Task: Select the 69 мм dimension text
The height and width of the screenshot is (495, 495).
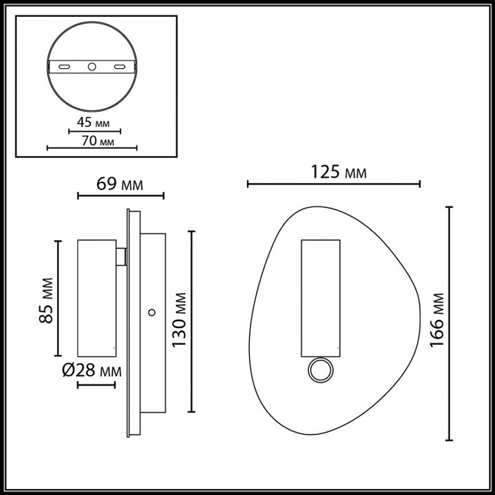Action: (x=119, y=185)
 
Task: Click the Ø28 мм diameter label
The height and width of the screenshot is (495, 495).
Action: (x=93, y=370)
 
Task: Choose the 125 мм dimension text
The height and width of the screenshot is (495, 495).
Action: (x=339, y=173)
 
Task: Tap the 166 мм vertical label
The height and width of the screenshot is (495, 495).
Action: (x=436, y=320)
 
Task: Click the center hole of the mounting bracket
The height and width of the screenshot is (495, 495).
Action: (x=92, y=66)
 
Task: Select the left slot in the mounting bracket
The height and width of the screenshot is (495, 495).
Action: (x=63, y=66)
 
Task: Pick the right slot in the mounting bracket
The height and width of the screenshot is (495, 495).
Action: (x=119, y=66)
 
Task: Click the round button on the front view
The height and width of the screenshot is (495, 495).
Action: (x=320, y=370)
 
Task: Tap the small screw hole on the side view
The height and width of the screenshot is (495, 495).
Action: (x=152, y=312)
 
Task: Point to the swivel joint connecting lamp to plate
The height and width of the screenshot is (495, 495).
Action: (x=121, y=256)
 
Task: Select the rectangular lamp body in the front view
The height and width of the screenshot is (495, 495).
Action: (x=320, y=298)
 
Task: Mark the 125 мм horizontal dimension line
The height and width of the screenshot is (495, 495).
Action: (x=334, y=184)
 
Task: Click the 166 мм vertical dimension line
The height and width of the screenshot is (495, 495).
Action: (x=449, y=323)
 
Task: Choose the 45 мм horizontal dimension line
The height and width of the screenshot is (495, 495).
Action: (x=94, y=132)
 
